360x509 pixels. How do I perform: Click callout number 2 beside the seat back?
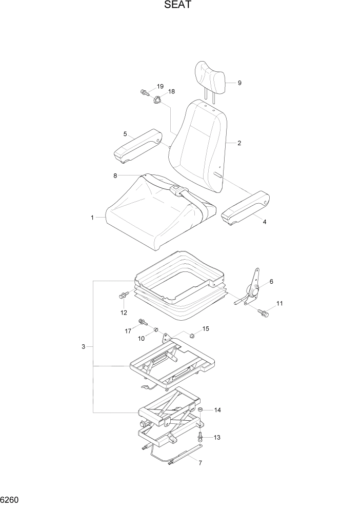(x=239, y=143)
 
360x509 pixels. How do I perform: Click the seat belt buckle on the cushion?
(x=175, y=190)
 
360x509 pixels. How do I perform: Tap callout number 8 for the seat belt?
(x=115, y=175)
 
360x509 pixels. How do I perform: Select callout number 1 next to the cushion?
(x=92, y=218)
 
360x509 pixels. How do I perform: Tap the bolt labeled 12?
(x=123, y=296)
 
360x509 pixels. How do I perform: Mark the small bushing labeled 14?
(x=201, y=410)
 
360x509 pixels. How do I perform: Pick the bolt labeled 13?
(x=200, y=436)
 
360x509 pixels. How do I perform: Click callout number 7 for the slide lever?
(x=200, y=463)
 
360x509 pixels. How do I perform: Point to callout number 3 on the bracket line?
(x=83, y=347)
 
